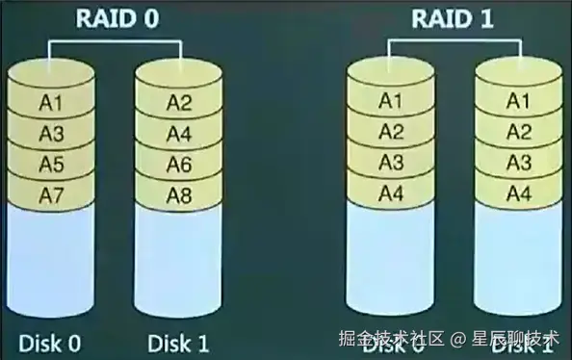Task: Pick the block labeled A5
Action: (x=50, y=165)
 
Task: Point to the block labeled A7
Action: (x=50, y=195)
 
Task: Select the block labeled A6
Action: (x=179, y=165)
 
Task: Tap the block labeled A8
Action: (x=179, y=195)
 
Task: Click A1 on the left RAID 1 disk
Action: (x=390, y=99)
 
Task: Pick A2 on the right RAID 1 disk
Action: (x=518, y=131)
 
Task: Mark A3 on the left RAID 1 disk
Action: (x=390, y=162)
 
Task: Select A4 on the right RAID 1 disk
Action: (x=518, y=193)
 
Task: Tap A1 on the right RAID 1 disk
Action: (x=518, y=99)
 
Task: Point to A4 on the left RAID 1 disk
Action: (x=390, y=193)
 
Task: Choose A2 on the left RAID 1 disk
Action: (x=390, y=131)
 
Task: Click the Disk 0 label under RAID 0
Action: (x=49, y=341)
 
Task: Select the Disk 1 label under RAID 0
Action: (x=179, y=341)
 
